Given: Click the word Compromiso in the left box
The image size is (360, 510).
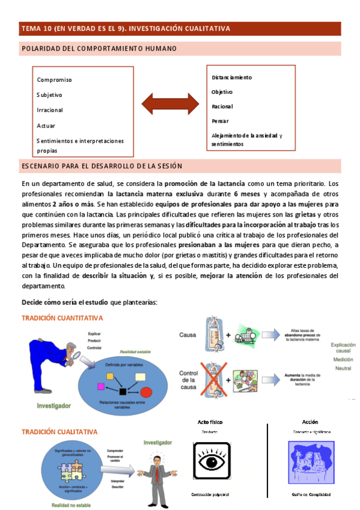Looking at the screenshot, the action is coord(54,79).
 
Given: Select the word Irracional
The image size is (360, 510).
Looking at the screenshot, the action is coord(49,110).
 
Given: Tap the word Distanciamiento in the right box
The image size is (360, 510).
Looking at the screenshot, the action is coord(231,78).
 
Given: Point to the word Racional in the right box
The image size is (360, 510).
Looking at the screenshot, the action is coord(222,106).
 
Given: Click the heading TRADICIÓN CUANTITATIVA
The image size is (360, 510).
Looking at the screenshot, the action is coord(62,318).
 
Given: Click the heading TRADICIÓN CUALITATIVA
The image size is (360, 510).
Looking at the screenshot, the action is coord(59,432).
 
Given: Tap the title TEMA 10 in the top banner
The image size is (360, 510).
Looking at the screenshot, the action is coord(37,28).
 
